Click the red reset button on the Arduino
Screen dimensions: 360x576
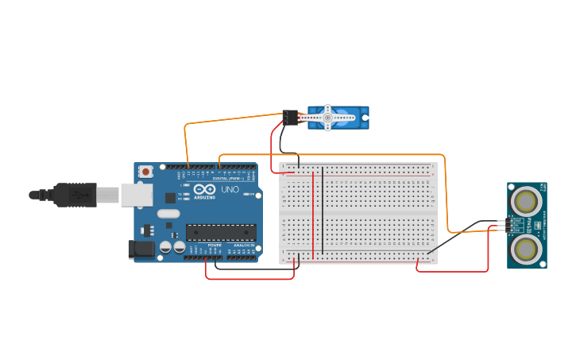click(x=146, y=171)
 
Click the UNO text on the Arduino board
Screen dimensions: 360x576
click(x=230, y=191)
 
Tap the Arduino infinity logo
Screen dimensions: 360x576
click(x=203, y=190)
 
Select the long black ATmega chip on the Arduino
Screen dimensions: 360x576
click(x=221, y=232)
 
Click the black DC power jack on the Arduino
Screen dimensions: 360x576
click(x=141, y=249)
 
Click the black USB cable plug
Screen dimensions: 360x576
click(x=75, y=195)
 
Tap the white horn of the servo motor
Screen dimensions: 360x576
click(x=327, y=118)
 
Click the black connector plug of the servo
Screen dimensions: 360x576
click(x=291, y=118)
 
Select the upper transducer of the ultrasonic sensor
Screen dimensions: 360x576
click(x=525, y=199)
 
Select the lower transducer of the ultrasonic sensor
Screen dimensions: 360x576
click(x=525, y=249)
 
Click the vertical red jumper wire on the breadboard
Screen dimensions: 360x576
click(x=313, y=215)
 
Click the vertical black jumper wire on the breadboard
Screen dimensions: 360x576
click(x=323, y=215)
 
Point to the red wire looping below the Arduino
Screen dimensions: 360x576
click(x=250, y=278)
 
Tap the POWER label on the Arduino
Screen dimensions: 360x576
click(x=215, y=246)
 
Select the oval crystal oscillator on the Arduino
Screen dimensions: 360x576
click(x=168, y=213)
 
